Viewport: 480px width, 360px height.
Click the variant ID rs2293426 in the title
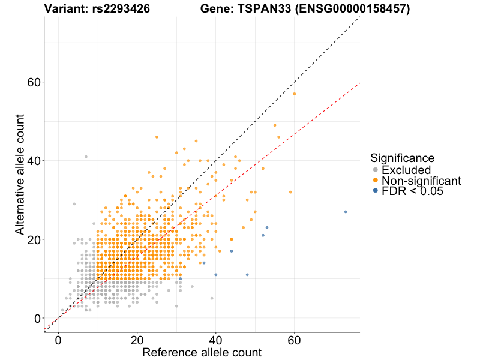point(122,9)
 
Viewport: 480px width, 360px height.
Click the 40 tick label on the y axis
point(34,161)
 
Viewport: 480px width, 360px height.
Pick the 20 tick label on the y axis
point(34,239)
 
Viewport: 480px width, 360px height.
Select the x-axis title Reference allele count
point(202,353)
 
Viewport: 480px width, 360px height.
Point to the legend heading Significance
point(402,158)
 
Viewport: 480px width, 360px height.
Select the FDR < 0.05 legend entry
point(412,191)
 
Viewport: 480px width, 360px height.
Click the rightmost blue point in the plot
point(346,212)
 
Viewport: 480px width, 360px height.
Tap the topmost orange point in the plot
point(295,94)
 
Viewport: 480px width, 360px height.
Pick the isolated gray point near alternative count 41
point(86,157)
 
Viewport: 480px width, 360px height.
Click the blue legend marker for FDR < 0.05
point(376,191)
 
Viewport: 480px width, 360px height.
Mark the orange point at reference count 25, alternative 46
point(157,137)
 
